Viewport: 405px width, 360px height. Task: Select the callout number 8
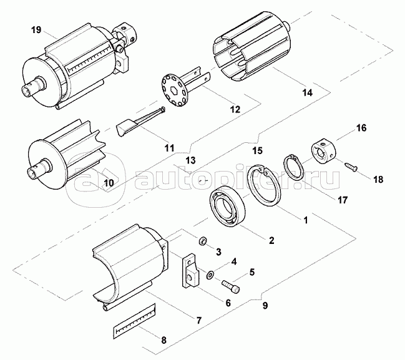point(164,340)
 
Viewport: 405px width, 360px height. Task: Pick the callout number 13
point(191,160)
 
